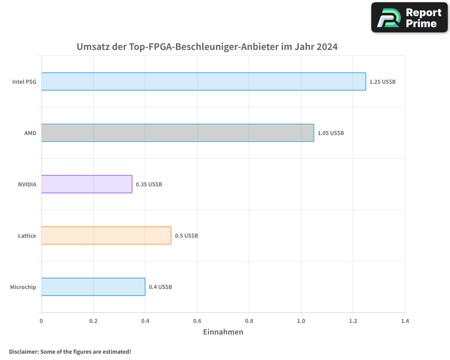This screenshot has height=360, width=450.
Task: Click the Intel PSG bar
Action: coord(203,81)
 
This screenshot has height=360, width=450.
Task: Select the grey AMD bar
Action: coord(177,133)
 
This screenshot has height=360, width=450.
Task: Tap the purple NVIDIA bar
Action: coord(87,184)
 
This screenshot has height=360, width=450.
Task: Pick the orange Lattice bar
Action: coord(106,235)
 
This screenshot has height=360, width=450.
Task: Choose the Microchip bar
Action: coord(93,287)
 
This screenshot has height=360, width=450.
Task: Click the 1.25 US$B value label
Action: coord(382,82)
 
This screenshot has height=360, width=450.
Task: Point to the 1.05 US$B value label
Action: coord(331,133)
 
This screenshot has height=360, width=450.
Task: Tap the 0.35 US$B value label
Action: coord(149,184)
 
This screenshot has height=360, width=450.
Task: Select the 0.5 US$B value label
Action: coord(186,236)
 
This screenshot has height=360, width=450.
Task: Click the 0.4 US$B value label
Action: coord(160,287)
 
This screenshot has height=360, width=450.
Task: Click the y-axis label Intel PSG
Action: coord(24,82)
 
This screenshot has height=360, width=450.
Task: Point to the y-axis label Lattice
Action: coord(27,236)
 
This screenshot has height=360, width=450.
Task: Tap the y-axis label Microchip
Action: coord(23,287)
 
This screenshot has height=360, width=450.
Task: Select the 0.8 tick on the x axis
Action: coord(249,321)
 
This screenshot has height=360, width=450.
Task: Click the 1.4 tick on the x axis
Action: coord(405,321)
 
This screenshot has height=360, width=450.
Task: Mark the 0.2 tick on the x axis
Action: coord(93,321)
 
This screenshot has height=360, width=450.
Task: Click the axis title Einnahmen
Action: coord(223,332)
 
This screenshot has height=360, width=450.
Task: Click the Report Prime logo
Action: coord(409,18)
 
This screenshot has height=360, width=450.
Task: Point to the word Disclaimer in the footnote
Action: coord(23,351)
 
